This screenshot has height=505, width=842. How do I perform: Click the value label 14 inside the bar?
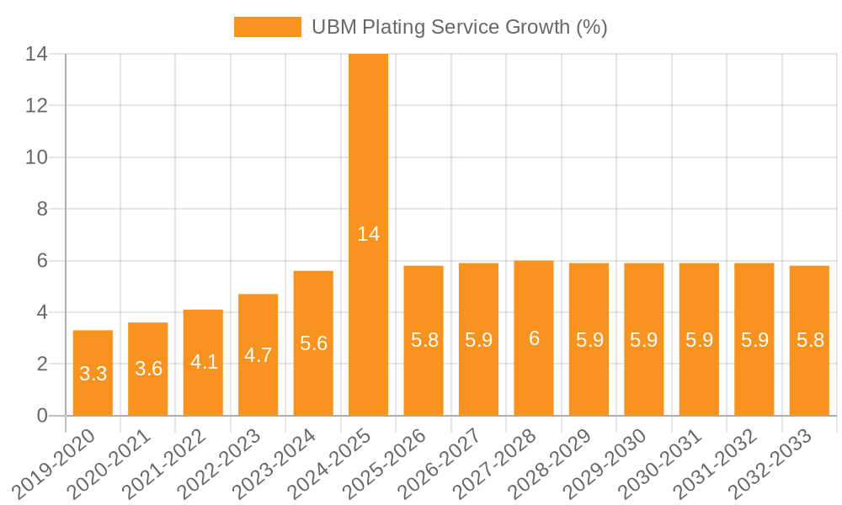pos(368,234)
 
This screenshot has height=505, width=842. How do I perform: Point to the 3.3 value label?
pos(93,374)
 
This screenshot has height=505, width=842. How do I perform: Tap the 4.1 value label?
pos(203,362)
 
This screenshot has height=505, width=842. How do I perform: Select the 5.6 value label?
pos(313,343)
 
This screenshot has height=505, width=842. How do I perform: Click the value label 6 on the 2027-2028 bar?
pos(534,338)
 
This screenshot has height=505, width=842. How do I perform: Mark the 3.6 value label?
pos(148,369)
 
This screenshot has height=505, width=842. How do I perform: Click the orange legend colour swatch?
pos(267,27)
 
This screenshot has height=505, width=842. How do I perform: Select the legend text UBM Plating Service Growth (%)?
pos(459,27)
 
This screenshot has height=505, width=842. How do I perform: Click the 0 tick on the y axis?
pos(42,416)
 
